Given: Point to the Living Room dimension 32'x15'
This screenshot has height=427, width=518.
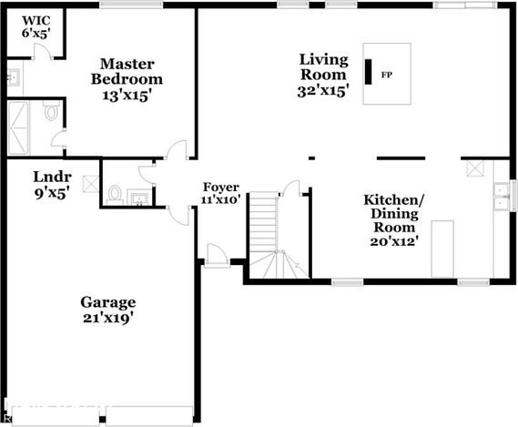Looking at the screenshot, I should pos(323,91).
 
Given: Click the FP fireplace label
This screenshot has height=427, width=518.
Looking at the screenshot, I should pos(387,74).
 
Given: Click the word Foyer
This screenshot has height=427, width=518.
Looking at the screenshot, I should pos(220,187).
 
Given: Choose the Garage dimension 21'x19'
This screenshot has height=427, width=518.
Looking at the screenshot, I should pos(107,318).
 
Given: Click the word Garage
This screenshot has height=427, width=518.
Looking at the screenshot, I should pos(107,302).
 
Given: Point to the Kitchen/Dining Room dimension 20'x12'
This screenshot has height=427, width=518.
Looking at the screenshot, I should pos(392,242).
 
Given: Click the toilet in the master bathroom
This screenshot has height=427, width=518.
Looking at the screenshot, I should pos(52,114).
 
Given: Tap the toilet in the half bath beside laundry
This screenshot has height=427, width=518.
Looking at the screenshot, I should pos(115,194).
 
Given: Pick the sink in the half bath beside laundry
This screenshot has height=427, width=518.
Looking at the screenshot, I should pos(138,198).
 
